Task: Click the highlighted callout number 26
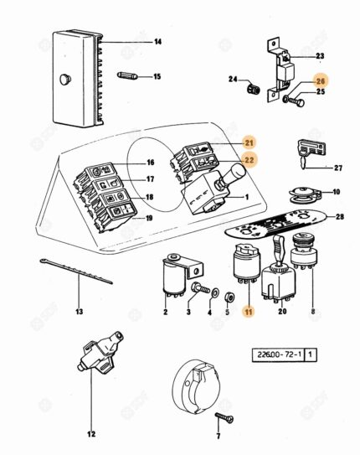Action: coord(321,81)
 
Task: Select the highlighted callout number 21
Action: coord(249,142)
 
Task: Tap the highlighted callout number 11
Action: coord(249,312)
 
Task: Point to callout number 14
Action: coord(157,42)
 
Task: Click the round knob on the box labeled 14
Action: coord(65,79)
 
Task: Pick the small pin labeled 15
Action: coord(127,75)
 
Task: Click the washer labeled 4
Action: coord(215,293)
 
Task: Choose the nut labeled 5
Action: coord(229,297)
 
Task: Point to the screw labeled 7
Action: coord(224,417)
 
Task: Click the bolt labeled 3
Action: coord(200,288)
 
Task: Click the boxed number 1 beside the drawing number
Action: coord(310,354)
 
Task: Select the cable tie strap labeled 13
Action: coord(76,271)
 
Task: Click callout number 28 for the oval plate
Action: coord(340,216)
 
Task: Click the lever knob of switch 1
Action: coord(238,172)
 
